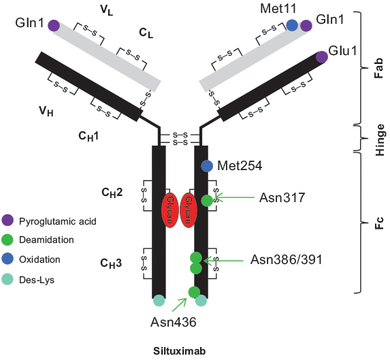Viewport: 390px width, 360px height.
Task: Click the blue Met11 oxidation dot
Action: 292,25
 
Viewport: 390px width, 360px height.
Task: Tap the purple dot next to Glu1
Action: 322,57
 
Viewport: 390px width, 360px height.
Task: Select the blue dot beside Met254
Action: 207,166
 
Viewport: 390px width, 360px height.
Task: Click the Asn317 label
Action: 282,198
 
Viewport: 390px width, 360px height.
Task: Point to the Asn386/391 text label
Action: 287,260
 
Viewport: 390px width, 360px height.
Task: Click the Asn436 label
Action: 174,322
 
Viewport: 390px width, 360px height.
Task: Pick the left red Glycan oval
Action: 169,210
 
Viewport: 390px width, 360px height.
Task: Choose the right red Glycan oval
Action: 189,210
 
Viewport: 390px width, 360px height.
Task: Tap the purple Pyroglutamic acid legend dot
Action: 7,220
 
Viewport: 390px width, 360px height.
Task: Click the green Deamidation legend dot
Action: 7,240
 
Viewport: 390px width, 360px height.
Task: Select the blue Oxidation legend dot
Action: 7,259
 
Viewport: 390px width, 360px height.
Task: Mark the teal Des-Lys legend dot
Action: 7,279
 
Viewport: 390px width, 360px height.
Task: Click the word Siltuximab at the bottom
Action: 179,351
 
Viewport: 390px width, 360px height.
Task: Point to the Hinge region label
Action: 380,140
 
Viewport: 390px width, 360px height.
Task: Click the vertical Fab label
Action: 378,68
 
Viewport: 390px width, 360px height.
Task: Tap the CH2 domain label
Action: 112,193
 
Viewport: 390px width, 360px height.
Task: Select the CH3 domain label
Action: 111,263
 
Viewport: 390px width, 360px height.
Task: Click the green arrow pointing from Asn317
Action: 234,197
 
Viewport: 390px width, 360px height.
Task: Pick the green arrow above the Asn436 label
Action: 180,304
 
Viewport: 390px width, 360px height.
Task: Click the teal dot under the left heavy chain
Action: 159,300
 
